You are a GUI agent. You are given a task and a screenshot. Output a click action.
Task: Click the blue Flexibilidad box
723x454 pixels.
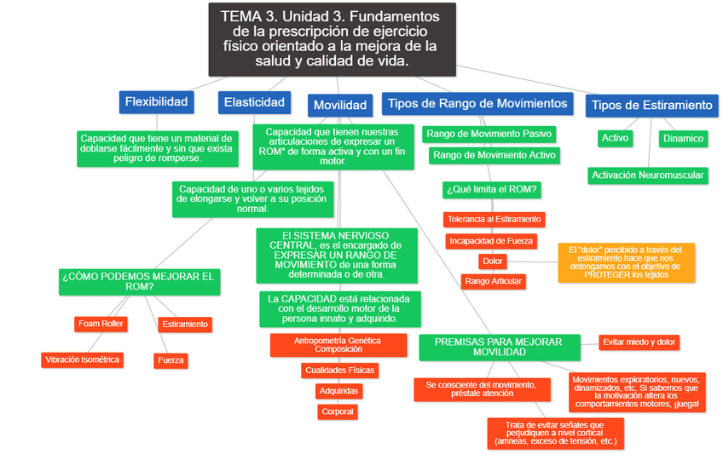156,102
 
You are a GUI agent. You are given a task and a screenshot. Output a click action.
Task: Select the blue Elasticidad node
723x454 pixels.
254,102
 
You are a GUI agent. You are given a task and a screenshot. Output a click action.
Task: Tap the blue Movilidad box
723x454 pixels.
339,105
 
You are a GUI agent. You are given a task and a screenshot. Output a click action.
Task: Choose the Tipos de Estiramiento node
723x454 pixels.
651,105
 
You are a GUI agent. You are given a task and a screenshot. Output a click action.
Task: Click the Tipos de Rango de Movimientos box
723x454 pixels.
477,103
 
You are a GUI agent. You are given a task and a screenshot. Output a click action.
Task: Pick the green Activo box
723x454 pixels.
615,138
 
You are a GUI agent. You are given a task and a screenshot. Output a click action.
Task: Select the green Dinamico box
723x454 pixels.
683,138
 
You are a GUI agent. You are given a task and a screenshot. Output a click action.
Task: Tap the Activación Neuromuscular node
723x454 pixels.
648,175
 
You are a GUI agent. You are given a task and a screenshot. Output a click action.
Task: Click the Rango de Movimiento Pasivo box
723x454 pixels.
489,134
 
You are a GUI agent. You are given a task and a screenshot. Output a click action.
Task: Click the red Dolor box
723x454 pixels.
493,261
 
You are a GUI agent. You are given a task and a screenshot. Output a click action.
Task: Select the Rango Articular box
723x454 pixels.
493,280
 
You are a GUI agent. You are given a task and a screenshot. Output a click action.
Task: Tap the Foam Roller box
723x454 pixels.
101,324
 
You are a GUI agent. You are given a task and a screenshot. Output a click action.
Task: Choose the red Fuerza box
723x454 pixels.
171,360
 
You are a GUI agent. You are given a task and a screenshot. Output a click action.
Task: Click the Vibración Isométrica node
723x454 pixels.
83,359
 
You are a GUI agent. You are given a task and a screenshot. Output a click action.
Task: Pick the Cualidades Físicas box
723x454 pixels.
339,371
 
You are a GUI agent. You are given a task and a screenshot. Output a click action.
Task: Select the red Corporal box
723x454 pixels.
338,411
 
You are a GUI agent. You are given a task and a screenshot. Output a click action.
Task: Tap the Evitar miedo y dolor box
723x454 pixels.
639,342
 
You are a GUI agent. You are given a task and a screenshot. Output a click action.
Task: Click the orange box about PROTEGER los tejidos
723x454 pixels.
626,261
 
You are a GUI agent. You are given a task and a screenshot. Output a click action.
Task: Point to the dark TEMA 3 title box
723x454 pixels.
333,39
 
